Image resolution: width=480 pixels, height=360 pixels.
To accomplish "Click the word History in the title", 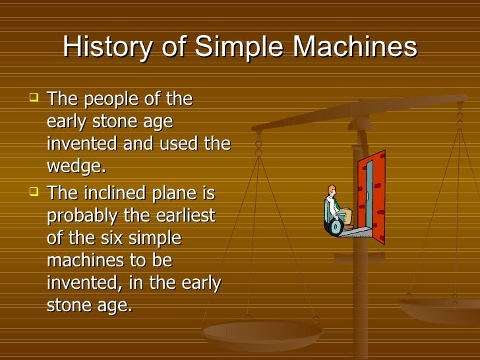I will coord(105,47).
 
